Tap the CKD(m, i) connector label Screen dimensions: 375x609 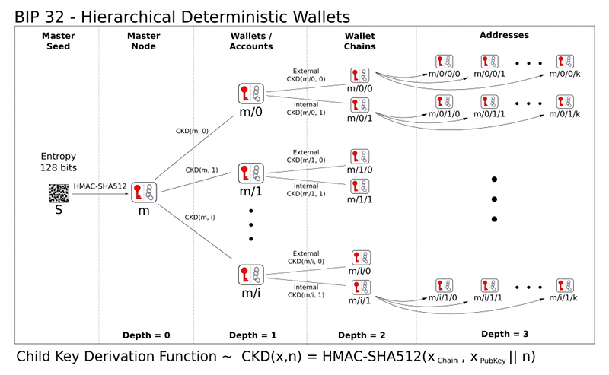coord(200,218)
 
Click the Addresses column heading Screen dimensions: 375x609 coord(504,35)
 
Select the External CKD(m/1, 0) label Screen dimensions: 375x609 coord(306,156)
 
